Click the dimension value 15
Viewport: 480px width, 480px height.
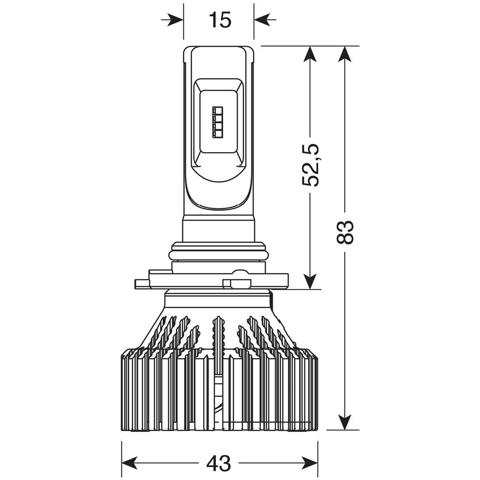[x=220, y=20]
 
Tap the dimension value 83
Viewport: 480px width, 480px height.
[x=345, y=232]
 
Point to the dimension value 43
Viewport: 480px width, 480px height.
[x=219, y=463]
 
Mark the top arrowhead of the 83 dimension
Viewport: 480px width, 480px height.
[x=345, y=54]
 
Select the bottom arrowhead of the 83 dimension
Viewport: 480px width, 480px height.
[x=345, y=422]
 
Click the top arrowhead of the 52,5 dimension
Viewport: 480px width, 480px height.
[x=311, y=54]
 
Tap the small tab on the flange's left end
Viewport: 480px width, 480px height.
[x=142, y=284]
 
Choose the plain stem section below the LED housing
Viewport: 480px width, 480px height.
[x=218, y=228]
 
